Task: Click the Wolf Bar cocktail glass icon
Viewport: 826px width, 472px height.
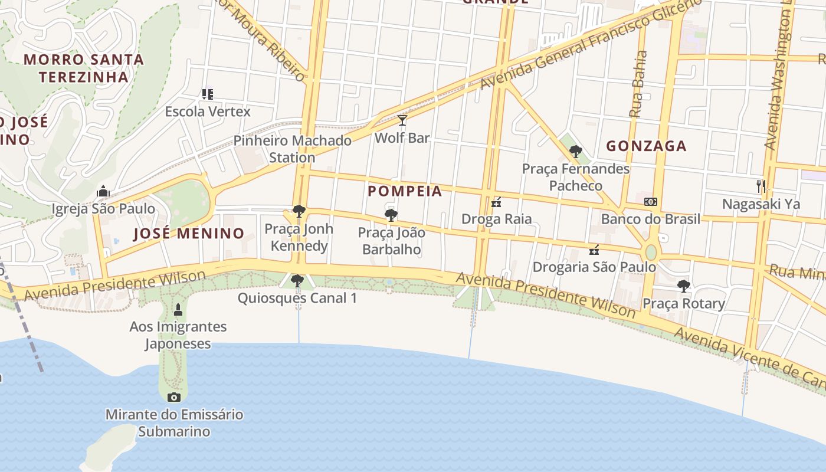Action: click(x=402, y=120)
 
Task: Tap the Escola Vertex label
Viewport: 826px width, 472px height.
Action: click(x=208, y=112)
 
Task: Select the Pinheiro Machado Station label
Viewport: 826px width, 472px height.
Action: click(x=293, y=149)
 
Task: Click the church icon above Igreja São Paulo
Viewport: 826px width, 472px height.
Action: click(x=103, y=191)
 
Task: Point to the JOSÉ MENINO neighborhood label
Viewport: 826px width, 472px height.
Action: click(x=189, y=234)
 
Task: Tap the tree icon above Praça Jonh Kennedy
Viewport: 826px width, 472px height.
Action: click(x=299, y=211)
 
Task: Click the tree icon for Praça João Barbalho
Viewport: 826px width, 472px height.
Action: click(x=391, y=215)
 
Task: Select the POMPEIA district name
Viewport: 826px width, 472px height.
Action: click(x=405, y=191)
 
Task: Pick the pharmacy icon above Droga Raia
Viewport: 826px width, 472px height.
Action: click(x=496, y=202)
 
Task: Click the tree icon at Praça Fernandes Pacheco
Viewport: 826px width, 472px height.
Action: click(x=576, y=152)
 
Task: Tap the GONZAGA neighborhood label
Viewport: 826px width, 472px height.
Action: click(x=647, y=146)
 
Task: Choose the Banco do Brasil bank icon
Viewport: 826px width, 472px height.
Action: click(x=651, y=202)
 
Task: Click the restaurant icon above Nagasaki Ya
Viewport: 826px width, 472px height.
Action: click(x=761, y=186)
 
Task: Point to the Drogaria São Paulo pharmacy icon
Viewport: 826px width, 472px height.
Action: click(x=594, y=250)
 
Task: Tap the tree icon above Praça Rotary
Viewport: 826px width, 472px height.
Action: click(x=684, y=286)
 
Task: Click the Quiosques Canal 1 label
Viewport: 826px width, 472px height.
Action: click(x=297, y=298)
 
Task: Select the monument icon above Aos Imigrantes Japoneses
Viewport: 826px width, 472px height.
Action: click(x=178, y=309)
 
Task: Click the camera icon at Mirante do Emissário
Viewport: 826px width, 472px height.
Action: click(x=174, y=397)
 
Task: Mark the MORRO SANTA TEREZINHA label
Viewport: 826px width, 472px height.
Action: click(x=84, y=68)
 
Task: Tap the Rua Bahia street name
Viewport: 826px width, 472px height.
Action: click(x=638, y=84)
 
